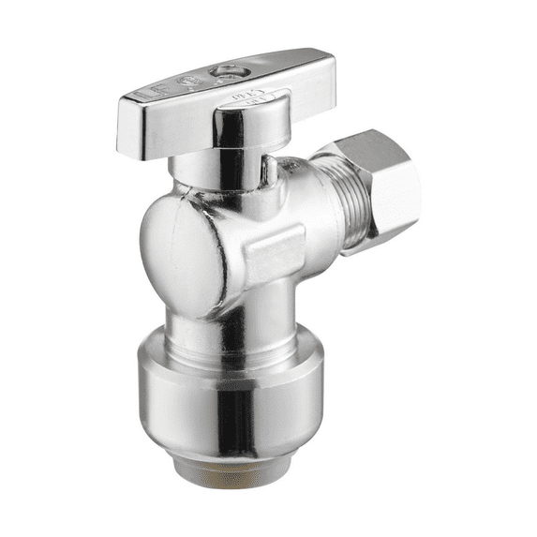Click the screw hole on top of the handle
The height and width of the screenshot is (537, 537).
coord(226,71)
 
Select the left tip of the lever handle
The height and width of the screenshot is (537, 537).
coord(127,131)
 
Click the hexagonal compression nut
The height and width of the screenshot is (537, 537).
coord(380,183)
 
